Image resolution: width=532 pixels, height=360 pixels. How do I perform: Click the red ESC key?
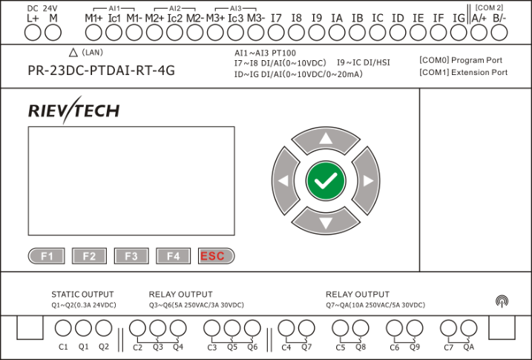point(216,256)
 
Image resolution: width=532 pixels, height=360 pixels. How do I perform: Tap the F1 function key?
point(47,256)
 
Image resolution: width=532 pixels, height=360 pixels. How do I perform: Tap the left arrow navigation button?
point(283,180)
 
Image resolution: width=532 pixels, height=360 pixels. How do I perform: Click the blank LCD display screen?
point(131,178)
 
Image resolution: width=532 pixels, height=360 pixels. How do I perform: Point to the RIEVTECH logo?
point(73,111)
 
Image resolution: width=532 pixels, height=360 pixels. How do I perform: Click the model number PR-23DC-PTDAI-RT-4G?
point(101,72)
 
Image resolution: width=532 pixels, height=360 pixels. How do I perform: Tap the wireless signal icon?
point(502,301)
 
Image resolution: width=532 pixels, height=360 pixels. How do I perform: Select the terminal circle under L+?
point(33,32)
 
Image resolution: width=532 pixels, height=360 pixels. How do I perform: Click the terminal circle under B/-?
point(499,32)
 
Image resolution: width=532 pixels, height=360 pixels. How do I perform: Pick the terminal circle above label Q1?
point(83,328)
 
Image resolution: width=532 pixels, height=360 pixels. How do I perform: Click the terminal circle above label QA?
point(468,328)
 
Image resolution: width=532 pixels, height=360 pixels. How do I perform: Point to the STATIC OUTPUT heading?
point(82,295)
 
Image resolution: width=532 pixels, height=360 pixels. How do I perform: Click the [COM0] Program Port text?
point(463,59)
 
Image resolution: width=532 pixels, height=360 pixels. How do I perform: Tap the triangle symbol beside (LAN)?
point(73,52)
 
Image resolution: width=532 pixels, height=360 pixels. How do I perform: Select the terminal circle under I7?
point(276,32)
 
